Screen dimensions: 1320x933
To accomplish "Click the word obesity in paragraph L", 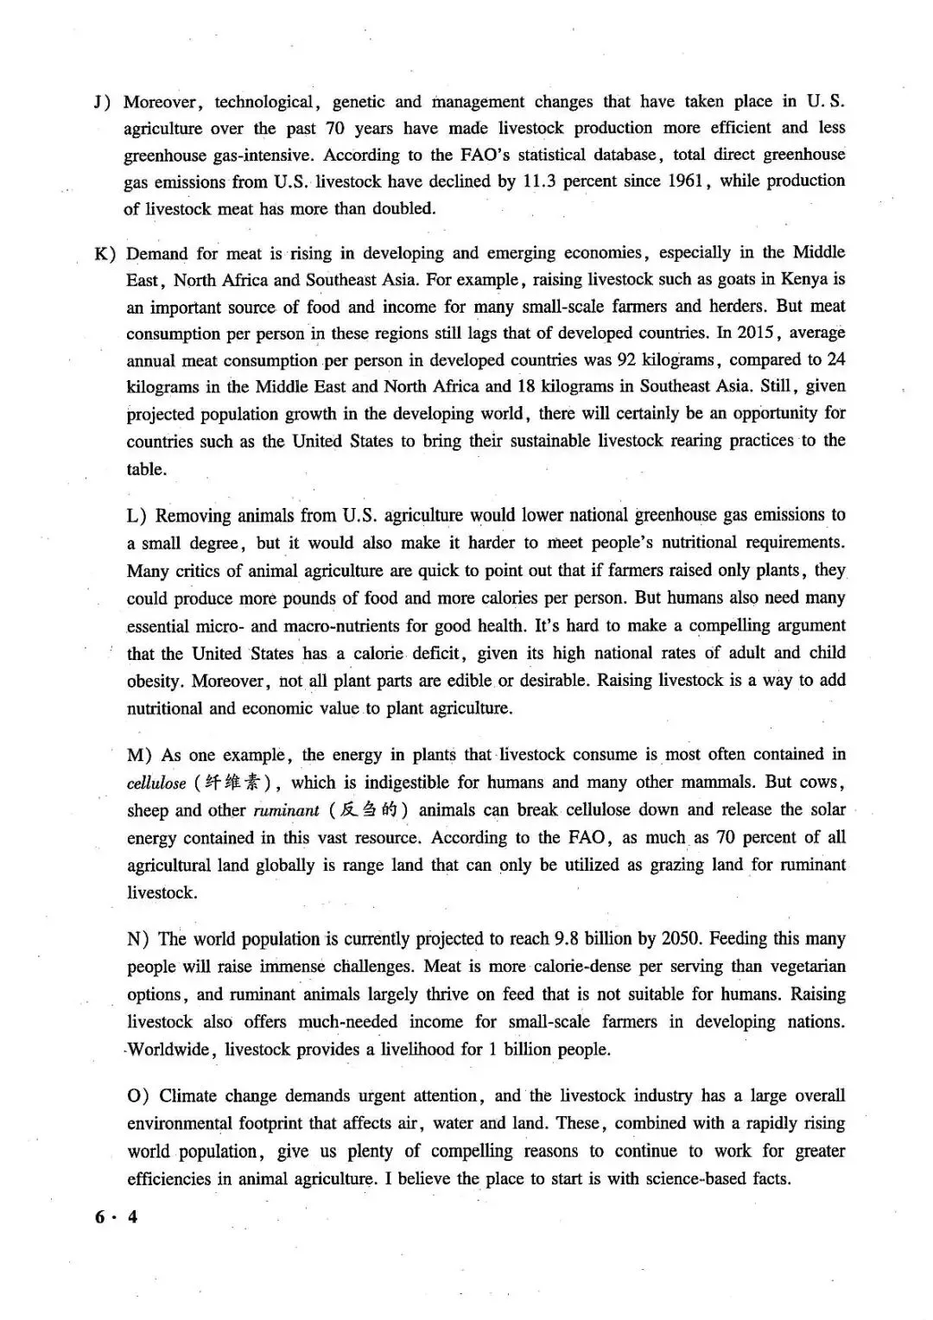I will click(x=154, y=681).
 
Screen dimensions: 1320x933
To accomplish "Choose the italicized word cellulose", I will click(x=155, y=784).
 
